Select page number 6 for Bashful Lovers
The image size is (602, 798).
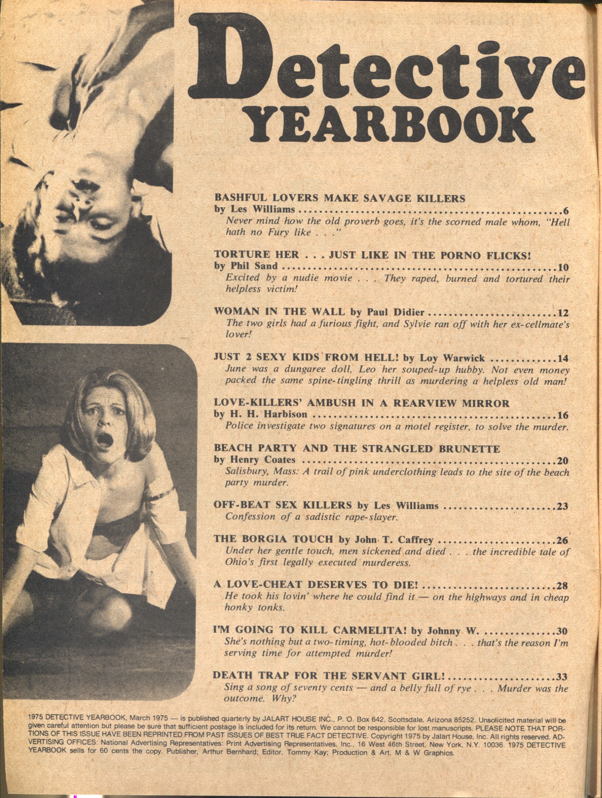pyautogui.click(x=565, y=211)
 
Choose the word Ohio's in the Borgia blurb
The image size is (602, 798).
pyautogui.click(x=240, y=563)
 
